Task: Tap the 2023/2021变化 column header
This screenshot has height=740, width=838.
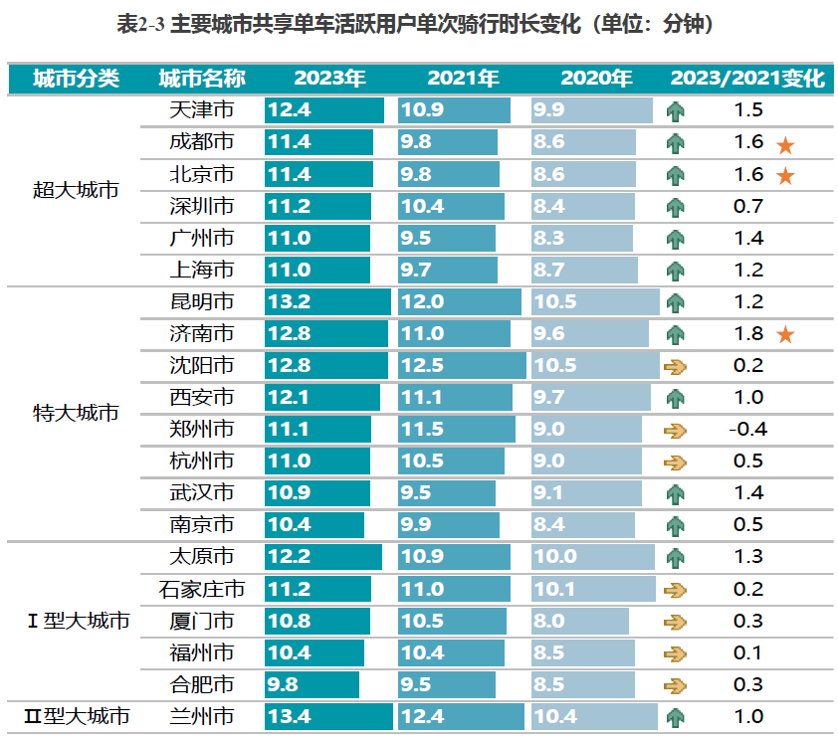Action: click(747, 79)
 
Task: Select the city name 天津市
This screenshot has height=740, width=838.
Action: click(201, 110)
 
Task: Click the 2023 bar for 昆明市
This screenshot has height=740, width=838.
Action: click(327, 301)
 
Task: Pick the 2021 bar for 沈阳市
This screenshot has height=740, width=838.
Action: click(461, 365)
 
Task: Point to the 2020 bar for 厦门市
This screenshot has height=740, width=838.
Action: click(579, 622)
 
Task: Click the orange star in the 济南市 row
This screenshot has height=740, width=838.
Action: click(785, 334)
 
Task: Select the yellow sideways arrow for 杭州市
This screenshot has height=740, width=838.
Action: click(676, 462)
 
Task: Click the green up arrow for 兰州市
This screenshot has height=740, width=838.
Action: click(676, 716)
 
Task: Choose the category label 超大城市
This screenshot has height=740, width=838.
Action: click(76, 189)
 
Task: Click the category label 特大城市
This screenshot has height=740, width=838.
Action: click(76, 412)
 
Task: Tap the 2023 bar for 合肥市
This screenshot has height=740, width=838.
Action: click(312, 684)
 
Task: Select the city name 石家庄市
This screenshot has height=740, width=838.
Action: click(201, 590)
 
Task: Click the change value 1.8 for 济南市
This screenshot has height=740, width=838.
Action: click(748, 334)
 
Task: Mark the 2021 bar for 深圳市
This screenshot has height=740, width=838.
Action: click(451, 206)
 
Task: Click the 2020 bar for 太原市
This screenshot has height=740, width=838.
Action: click(591, 557)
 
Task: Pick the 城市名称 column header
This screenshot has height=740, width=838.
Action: click(201, 79)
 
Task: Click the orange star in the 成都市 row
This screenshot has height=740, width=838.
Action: click(785, 144)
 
